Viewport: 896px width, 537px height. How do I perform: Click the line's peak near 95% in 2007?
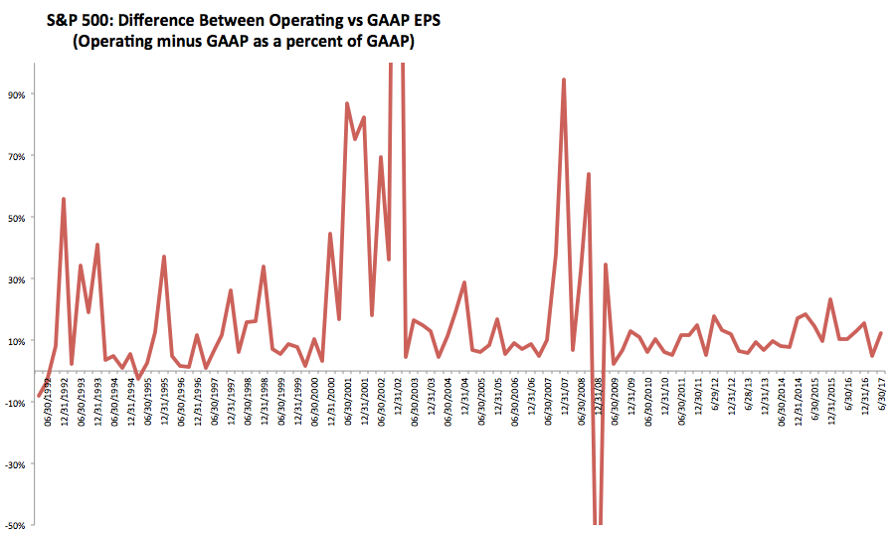(x=564, y=80)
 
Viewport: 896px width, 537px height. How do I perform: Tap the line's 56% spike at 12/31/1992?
(x=64, y=199)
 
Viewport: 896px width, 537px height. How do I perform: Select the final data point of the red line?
(x=881, y=333)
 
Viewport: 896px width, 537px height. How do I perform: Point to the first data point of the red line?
(x=39, y=396)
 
